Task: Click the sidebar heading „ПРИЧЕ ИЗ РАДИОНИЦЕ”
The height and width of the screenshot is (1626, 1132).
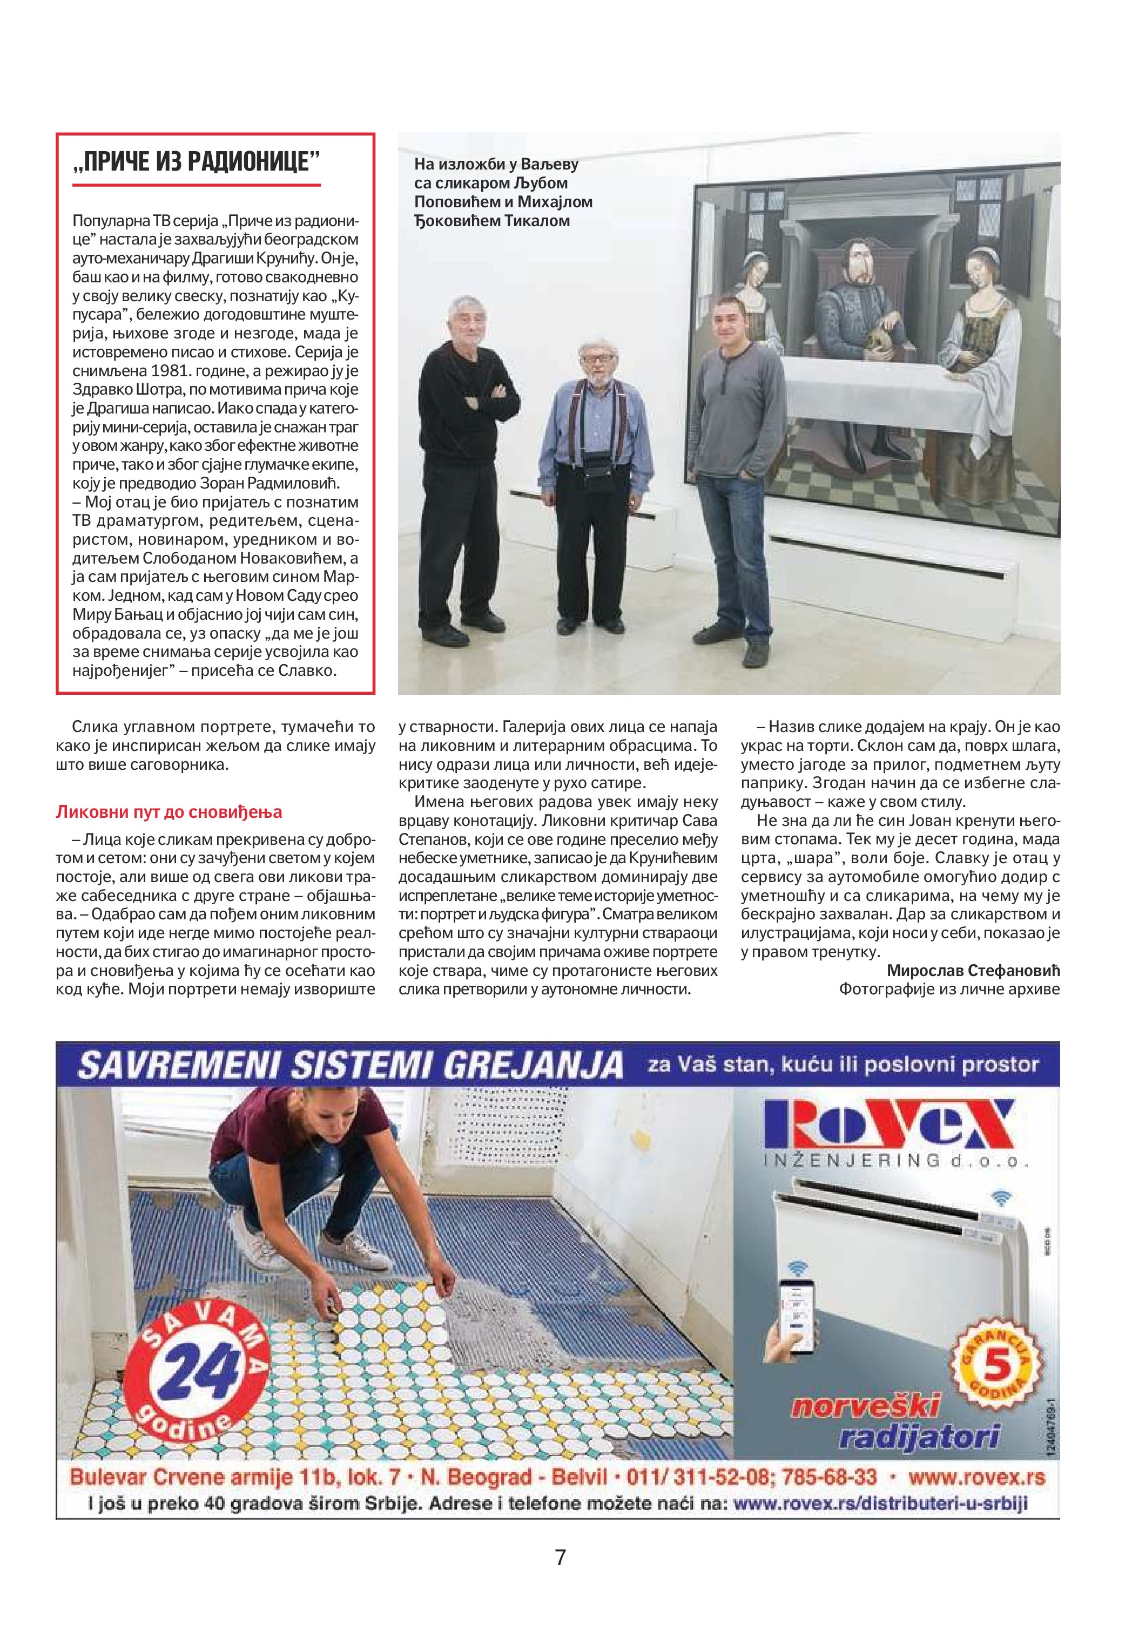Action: (196, 161)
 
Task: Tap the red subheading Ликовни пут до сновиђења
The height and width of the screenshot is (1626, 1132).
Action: (169, 811)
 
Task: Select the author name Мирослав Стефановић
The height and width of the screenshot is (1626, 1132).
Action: (973, 970)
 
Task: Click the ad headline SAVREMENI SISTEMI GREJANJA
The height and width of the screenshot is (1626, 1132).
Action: (350, 1066)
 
